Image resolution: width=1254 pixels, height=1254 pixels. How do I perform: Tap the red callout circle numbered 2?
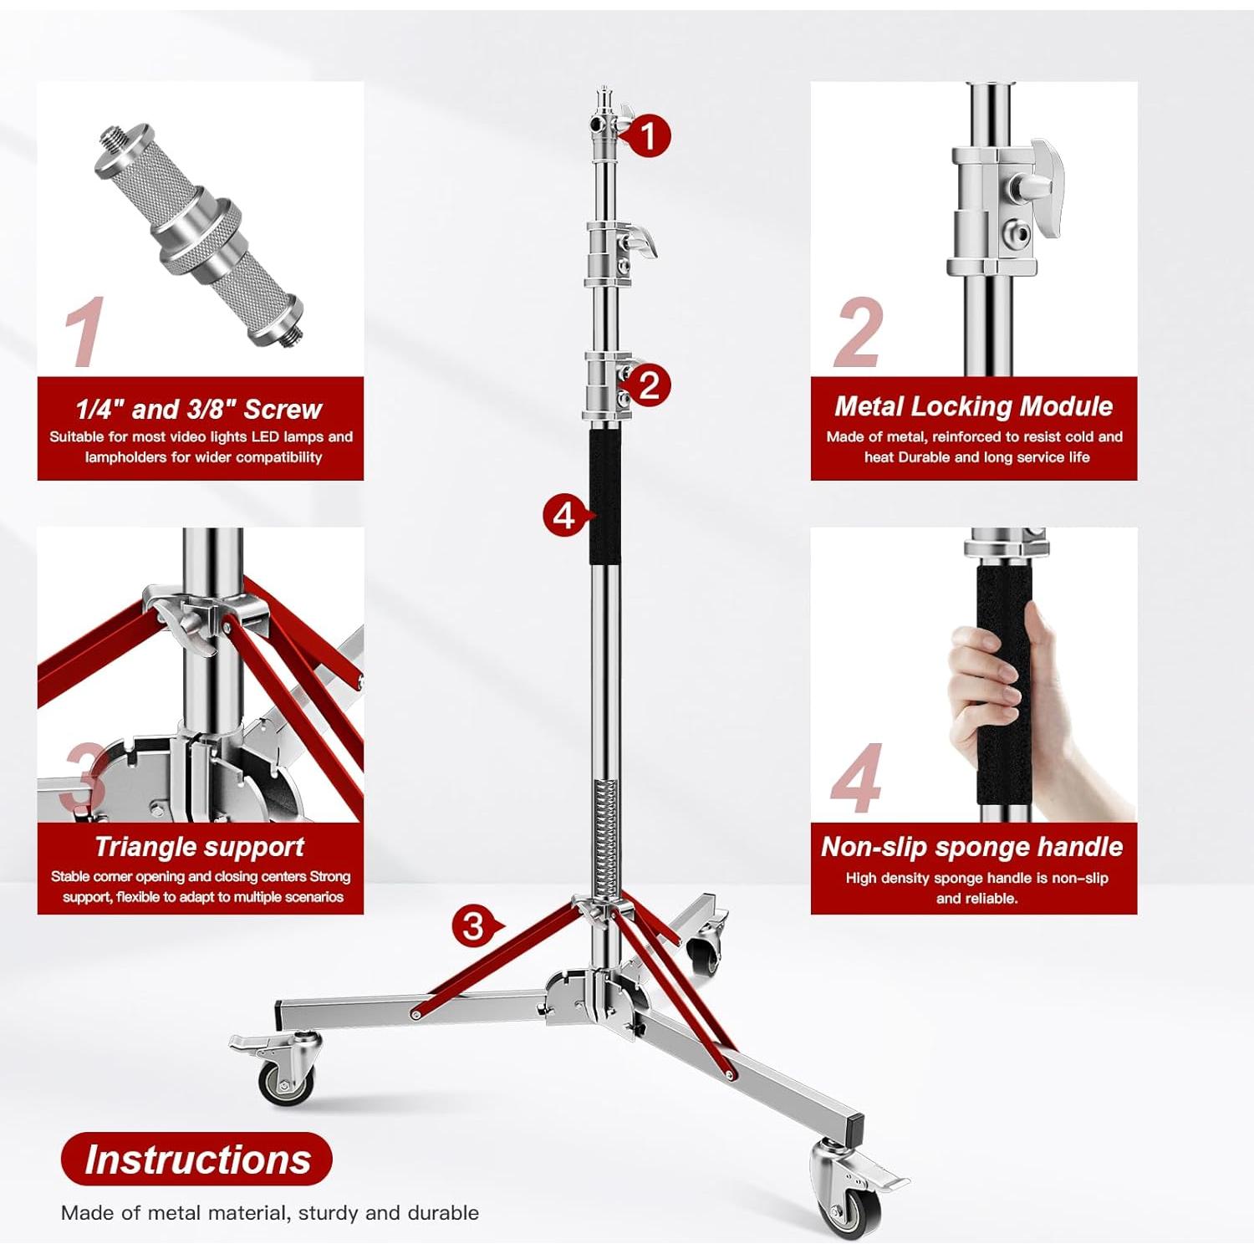coord(649,385)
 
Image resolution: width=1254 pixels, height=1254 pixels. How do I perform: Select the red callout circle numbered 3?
coord(474,926)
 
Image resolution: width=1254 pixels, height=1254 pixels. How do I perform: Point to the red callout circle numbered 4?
coord(564,515)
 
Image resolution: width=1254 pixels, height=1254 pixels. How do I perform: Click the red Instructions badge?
coord(196,1160)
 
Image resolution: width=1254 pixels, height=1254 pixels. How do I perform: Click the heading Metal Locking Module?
coord(973,406)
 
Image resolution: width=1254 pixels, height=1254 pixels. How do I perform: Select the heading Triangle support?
coord(199,847)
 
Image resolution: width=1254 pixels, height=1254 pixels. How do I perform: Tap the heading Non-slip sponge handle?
coord(971,847)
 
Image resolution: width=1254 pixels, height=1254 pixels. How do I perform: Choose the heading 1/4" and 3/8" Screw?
coord(199,409)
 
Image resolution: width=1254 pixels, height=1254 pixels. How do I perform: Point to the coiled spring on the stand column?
coord(605,836)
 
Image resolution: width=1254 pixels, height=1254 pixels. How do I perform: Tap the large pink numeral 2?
coord(859,334)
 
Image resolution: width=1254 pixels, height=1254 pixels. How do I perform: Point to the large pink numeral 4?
coord(856,779)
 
